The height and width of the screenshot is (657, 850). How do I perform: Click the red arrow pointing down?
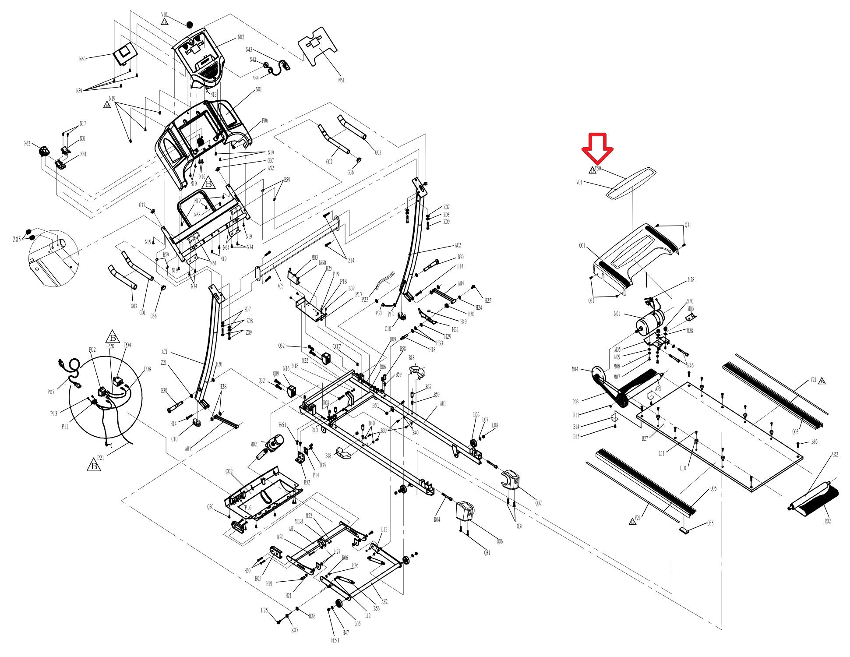point(597,150)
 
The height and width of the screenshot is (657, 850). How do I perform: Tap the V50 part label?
point(598,168)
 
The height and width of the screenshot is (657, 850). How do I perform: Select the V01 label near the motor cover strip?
point(579,182)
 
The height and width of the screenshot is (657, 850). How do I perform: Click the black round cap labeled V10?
point(189,25)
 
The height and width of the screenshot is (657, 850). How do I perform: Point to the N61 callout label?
point(341,80)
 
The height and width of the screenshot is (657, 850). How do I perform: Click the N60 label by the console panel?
point(82,59)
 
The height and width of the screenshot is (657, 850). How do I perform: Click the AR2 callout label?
point(834,455)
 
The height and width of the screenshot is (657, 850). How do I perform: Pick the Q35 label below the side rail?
point(710,523)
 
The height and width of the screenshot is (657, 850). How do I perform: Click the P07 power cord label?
point(51,392)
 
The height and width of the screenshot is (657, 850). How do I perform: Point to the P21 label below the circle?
point(100,458)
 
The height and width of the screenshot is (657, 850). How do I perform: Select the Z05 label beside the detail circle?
point(17,240)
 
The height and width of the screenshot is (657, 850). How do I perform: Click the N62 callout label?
point(27,144)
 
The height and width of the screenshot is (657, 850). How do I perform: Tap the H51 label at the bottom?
point(335,640)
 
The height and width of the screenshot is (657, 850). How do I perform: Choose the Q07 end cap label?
point(538,503)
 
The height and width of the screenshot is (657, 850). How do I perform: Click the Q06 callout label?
point(500,541)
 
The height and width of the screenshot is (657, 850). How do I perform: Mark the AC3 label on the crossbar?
point(280,286)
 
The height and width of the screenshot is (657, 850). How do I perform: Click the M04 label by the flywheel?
point(575,369)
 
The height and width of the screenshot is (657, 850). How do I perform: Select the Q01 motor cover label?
point(582,246)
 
